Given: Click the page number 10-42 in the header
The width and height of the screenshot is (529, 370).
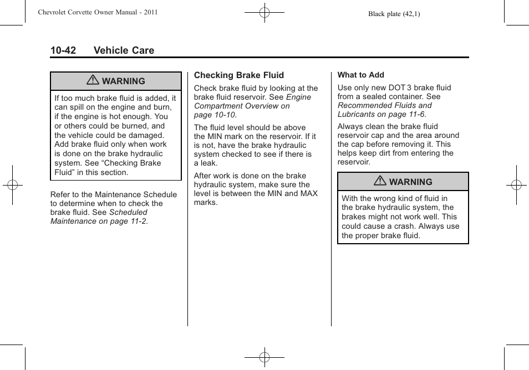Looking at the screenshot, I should pos(63,50).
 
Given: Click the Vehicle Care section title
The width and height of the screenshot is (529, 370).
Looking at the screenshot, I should pos(124,50).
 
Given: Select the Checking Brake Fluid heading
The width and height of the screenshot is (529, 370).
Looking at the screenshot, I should pos(238,75).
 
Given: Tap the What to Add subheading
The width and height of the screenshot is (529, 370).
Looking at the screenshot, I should pos(360,75).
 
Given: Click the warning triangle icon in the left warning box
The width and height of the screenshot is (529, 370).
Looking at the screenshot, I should pos(93,81).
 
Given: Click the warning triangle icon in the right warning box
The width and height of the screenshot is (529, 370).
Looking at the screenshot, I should pos(380,182).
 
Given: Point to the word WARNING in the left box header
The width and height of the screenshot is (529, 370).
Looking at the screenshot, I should pos(123,81).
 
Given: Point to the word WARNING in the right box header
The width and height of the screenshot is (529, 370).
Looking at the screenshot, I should pos(410,182).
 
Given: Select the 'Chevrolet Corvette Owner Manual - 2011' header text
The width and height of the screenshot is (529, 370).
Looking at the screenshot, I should pos(98,12).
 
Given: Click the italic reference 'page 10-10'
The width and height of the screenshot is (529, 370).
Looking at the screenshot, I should pos(215,115).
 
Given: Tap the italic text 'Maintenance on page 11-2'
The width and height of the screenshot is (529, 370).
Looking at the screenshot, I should pos(99,221).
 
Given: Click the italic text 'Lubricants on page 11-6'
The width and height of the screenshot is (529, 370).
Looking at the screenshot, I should pos(381,114).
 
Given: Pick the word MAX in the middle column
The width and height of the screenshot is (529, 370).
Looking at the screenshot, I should pos(309,194).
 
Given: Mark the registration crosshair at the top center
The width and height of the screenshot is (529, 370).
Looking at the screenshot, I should pos(264,12).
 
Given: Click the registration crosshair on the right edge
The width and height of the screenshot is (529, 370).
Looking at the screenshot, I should pos(516,185).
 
